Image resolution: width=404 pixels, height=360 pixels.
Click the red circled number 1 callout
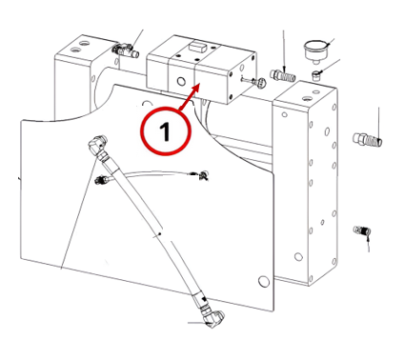tap(166, 131)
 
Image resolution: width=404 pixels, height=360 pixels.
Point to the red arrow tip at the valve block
tap(199, 84)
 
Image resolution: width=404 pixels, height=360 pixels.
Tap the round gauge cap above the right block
tap(314, 50)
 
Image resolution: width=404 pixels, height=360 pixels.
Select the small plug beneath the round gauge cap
tap(316, 76)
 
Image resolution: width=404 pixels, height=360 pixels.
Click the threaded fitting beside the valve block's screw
tap(283, 76)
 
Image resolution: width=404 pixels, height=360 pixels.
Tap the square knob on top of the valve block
tap(197, 47)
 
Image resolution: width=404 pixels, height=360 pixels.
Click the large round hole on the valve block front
tap(181, 82)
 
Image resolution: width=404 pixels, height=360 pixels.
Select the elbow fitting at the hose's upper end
tap(98, 145)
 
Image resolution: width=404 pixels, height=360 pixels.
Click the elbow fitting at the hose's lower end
tap(213, 318)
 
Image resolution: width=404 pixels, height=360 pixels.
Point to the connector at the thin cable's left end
tap(102, 180)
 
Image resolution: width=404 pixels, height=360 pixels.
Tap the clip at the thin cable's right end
tap(203, 175)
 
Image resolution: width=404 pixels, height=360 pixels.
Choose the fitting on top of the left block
tap(125, 50)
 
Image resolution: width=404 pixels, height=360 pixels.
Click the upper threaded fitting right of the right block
tap(368, 140)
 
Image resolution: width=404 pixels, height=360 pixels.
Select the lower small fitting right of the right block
tap(362, 230)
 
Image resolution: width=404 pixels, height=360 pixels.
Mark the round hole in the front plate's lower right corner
tap(263, 281)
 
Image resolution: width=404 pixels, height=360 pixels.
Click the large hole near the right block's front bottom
tap(298, 256)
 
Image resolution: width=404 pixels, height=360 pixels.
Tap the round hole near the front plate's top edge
tap(147, 105)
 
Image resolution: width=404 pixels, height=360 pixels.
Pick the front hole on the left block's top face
tap(75, 50)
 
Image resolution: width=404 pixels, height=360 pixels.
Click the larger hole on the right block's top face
tap(306, 98)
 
